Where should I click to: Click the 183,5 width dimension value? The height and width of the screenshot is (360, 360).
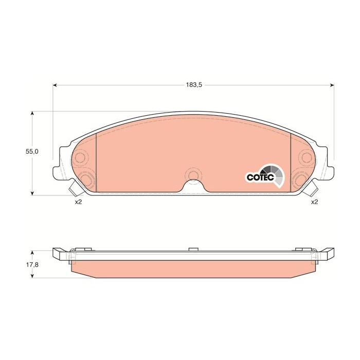click(193, 85)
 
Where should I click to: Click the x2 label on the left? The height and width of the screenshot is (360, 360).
click(78, 202)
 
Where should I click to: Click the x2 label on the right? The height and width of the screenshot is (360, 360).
click(314, 202)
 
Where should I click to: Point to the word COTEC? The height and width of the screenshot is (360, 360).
click(257, 177)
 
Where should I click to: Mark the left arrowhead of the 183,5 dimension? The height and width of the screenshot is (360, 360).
click(55, 85)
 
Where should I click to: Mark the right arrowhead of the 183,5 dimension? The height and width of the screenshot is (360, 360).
click(332, 85)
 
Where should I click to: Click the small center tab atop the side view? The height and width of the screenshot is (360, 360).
click(193, 249)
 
